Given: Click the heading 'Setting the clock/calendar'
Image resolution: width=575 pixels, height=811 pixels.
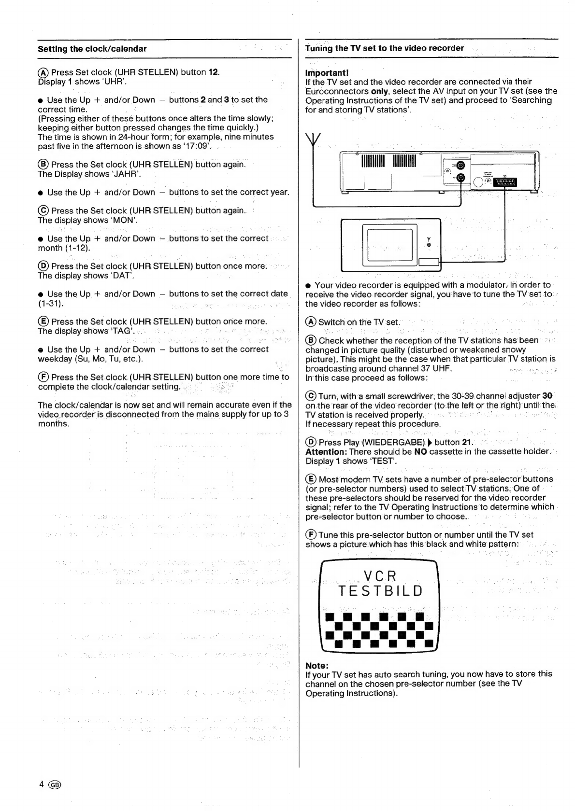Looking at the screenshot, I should click(x=92, y=49).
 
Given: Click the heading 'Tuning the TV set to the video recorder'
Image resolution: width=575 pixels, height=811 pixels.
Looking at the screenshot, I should click(x=384, y=48).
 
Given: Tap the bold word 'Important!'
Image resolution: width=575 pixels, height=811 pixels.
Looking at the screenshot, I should click(x=327, y=72).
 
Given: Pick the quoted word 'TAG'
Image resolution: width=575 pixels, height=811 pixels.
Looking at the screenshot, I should click(x=121, y=331).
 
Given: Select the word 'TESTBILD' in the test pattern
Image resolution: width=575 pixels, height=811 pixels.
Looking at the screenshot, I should click(x=380, y=591).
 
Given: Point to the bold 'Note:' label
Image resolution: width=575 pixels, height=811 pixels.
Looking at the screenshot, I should click(x=317, y=665).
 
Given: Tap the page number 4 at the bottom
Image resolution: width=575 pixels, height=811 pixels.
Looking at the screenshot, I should click(x=42, y=783).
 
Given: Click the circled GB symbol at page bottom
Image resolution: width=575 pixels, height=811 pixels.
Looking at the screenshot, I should click(x=56, y=783).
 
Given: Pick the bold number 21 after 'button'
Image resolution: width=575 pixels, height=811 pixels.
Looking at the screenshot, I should click(x=466, y=442).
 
